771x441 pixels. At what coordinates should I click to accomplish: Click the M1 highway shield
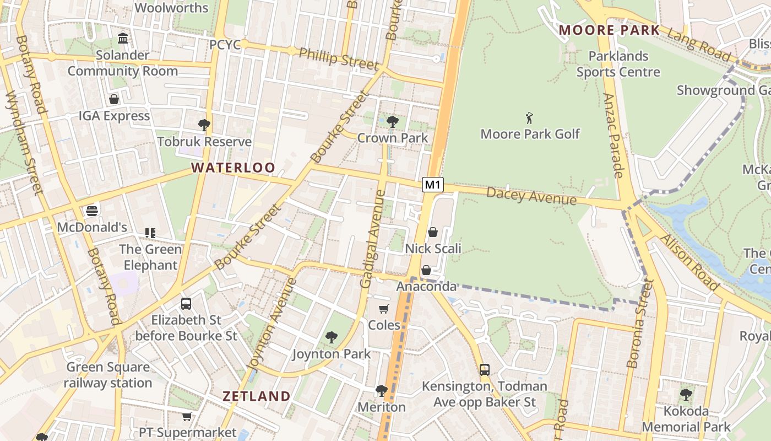433,185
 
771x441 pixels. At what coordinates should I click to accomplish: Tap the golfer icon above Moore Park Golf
530,117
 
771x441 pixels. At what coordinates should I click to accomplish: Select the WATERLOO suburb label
233,168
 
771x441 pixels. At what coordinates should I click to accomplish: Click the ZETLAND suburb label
256,396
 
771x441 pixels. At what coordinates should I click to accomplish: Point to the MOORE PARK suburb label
609,30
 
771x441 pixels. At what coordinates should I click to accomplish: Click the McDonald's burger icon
92,211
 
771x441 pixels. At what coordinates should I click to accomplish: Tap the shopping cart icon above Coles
384,309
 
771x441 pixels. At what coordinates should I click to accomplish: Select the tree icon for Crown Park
393,121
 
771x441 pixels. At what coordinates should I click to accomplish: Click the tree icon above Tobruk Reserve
204,125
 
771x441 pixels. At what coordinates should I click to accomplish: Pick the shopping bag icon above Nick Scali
433,232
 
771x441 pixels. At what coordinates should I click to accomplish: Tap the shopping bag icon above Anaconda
426,270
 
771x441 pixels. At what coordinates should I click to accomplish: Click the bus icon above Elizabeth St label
186,303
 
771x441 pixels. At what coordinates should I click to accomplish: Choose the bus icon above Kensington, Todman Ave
485,369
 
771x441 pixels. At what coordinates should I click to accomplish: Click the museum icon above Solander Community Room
123,39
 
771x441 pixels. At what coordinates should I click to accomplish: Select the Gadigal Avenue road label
373,239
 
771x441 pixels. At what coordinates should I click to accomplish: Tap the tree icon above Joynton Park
331,337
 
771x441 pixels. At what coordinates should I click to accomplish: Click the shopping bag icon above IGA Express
114,99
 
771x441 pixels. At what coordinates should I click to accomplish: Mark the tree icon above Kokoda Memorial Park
686,394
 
